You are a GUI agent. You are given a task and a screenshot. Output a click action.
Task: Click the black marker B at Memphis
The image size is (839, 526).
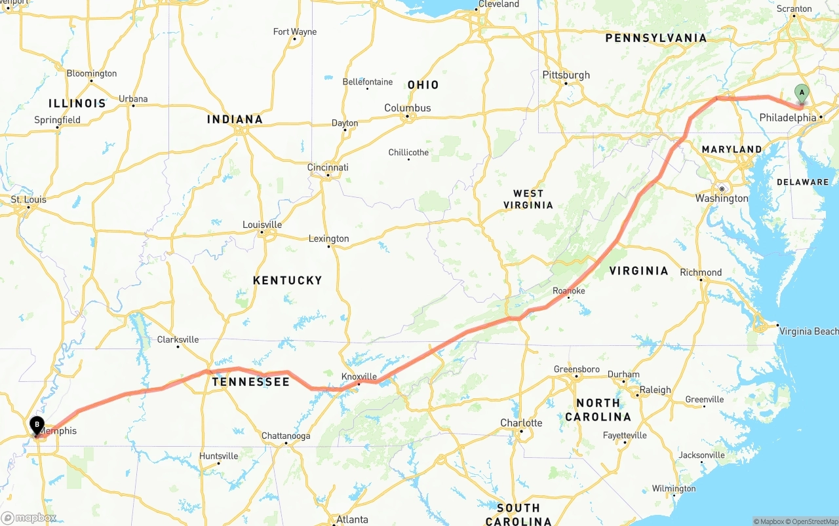point(37,425)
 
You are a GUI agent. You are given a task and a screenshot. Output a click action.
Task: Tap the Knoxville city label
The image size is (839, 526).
point(359,377)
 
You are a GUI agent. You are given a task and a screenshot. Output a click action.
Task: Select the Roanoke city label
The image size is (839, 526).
point(568,291)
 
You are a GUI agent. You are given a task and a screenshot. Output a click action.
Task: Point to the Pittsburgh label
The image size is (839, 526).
point(566,75)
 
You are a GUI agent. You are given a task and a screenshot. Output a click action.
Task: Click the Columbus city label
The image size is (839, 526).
point(407,108)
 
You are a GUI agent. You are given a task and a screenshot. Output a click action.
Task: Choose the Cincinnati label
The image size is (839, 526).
point(328,168)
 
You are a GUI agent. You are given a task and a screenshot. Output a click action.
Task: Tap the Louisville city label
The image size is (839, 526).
point(262,225)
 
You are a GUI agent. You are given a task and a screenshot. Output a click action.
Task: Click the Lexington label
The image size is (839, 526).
point(328,239)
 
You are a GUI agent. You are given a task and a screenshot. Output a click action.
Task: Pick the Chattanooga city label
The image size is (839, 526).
point(286,436)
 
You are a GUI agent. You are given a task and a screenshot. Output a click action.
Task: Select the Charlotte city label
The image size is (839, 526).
point(521,423)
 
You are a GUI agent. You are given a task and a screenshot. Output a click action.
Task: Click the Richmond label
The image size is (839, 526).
point(701,272)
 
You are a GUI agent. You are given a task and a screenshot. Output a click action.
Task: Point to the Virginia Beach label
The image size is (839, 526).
point(808,331)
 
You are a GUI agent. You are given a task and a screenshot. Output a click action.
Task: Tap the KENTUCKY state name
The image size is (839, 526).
point(287,280)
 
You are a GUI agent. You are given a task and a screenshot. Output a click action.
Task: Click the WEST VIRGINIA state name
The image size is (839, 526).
point(528,199)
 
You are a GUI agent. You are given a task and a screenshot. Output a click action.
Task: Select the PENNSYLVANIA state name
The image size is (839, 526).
point(656,38)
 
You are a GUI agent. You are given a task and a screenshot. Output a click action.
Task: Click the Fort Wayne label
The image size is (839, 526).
point(294,32)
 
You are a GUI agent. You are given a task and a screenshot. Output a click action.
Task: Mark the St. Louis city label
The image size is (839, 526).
point(28,200)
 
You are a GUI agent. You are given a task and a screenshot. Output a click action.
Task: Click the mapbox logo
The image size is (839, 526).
point(28,518)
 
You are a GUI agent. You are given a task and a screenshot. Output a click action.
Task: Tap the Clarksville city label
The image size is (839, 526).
point(178,339)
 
